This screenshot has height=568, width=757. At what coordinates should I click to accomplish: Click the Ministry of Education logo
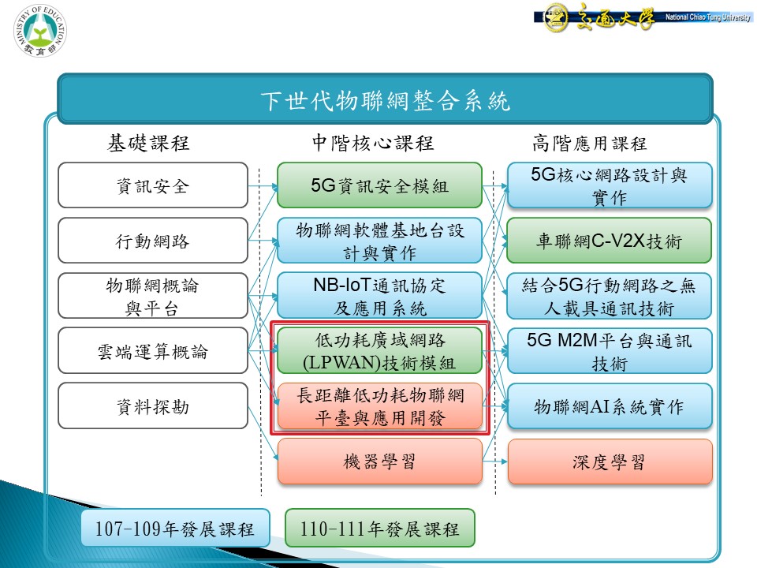coord(40,31)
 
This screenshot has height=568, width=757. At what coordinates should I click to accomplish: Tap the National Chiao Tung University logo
coord(643,17)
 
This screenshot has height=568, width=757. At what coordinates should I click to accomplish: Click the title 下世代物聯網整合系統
coord(385,101)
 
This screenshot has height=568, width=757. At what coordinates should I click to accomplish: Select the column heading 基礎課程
coord(148,143)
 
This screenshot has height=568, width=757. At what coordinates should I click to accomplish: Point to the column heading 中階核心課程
coord(373,143)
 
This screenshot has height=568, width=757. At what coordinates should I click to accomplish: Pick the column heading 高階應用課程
coord(589,144)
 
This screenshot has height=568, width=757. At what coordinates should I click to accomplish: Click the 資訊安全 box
coord(153,185)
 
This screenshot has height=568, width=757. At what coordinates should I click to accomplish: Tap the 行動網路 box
coord(153,241)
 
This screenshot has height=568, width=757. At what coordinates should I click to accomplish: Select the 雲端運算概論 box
coord(153,350)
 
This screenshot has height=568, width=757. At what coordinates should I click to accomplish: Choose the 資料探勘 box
coord(153,405)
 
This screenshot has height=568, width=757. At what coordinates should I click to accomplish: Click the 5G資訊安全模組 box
coord(379,185)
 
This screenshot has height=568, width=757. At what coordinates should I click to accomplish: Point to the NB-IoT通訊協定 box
coord(379,296)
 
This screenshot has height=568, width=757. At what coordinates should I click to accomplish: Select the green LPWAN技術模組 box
coord(379,350)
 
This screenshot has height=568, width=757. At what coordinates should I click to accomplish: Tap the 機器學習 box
coord(379,461)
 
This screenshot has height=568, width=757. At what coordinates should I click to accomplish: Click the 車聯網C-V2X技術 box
coord(610,241)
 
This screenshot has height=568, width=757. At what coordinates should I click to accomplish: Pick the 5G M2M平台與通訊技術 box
coord(610,350)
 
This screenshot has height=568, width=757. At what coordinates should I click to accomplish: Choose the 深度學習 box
coord(610,461)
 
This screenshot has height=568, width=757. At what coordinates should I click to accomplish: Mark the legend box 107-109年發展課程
coord(175,528)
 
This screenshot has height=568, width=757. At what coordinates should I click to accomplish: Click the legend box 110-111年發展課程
coord(380,528)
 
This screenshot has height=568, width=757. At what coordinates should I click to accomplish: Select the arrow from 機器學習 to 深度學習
coord(495,461)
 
